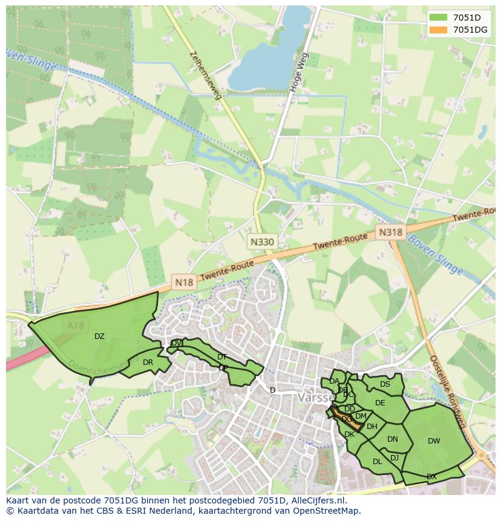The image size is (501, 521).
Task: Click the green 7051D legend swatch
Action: [439, 18]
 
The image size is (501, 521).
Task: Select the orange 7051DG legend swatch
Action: [439, 30]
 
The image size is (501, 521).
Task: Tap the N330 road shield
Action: [262, 241]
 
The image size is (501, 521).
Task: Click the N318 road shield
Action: [390, 232]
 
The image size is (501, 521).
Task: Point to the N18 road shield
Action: [184, 281]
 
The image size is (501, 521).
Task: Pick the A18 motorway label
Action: [76, 326]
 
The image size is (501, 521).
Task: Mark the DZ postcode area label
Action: [99, 336]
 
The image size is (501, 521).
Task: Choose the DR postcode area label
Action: [148, 362]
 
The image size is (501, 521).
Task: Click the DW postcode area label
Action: [434, 441]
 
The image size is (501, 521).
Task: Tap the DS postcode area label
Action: [385, 384]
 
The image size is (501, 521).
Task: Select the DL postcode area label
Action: [377, 461]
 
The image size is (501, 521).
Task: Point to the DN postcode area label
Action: [393, 439]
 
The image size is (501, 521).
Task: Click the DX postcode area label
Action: [431, 477]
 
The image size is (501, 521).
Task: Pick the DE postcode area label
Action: [380, 403]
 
